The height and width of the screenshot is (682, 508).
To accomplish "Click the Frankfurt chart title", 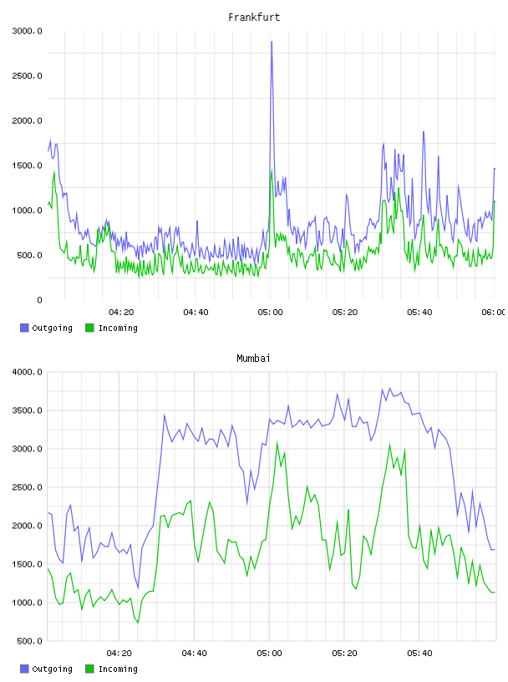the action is click(254, 18).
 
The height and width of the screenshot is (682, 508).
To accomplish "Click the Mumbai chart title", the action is click(253, 359).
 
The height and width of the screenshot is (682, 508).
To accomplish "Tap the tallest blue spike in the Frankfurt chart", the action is click(272, 42).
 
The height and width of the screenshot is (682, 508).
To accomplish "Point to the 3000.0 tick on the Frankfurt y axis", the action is click(28, 31).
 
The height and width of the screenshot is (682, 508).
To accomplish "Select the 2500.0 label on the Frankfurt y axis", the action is click(28, 76).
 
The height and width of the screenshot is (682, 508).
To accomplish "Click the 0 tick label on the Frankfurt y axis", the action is click(39, 300).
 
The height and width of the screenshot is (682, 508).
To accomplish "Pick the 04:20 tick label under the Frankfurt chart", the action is click(121, 313).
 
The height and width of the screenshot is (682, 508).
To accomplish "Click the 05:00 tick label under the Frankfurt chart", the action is click(271, 313).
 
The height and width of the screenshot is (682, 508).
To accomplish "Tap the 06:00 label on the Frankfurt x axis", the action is click(494, 313).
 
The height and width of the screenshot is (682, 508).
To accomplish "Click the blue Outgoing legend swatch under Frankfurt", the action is click(24, 328).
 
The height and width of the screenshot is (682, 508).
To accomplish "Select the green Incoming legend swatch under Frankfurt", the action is click(89, 328).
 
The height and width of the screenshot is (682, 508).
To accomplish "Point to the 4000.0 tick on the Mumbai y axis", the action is click(28, 372).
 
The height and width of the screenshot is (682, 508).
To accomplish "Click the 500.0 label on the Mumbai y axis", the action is click(30, 641).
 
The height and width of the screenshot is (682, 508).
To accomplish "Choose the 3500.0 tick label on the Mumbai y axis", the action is click(28, 410).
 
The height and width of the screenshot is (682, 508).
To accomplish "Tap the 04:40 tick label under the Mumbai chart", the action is click(195, 654).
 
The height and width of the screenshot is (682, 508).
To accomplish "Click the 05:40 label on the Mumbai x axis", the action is click(419, 654).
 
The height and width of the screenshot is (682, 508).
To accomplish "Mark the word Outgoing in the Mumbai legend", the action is click(52, 669).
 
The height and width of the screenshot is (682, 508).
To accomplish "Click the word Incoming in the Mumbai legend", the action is click(118, 669).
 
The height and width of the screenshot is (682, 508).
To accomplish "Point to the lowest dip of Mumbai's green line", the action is click(139, 623).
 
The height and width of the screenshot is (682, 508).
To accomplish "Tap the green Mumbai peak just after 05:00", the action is click(277, 443).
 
